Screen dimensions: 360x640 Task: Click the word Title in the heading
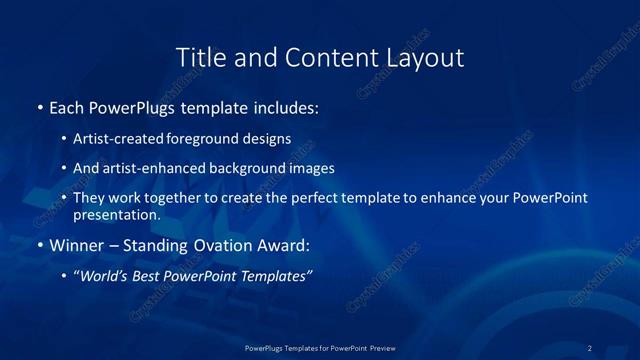198,58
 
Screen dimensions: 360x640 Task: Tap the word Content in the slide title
325,58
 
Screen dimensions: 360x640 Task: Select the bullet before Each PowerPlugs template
39,106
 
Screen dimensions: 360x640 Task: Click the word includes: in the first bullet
283,106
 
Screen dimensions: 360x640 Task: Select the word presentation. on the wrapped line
117,214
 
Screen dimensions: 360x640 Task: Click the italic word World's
102,276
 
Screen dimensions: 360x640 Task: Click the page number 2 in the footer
589,347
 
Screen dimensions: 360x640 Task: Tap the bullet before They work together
64,198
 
